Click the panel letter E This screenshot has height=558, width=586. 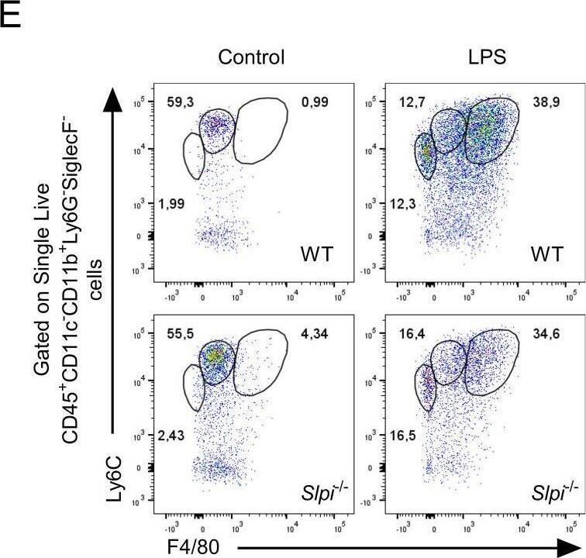(11, 15)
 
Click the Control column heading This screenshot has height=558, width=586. (251, 57)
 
